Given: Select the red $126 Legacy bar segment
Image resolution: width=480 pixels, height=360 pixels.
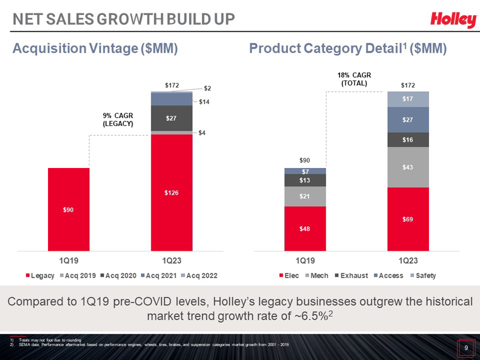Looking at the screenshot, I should [x=172, y=192].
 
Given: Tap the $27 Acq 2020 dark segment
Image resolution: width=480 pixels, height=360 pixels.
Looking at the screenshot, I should [x=172, y=118].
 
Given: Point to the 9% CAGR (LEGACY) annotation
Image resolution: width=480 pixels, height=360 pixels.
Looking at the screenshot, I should [x=117, y=119].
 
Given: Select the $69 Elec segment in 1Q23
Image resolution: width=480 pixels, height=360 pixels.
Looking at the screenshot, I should [x=408, y=219].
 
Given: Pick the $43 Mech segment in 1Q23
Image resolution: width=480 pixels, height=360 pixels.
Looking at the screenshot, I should [x=408, y=167].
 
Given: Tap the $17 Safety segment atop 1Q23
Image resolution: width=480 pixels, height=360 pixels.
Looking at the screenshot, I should [x=408, y=99].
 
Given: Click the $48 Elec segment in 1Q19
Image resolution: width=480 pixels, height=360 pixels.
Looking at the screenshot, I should [x=305, y=229].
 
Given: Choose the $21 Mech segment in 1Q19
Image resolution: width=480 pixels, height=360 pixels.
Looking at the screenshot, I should [x=305, y=196].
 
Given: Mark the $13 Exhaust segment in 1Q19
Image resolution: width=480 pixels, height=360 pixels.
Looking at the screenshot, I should [x=305, y=180].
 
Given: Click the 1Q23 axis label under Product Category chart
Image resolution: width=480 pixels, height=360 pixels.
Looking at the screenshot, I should [x=408, y=261].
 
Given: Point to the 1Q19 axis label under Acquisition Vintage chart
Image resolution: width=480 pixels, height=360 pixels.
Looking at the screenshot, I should [x=68, y=261].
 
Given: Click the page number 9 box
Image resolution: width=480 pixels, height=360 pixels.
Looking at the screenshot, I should [x=466, y=347].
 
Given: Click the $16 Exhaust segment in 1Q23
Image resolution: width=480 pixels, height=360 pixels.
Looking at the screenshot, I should [x=408, y=139].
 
